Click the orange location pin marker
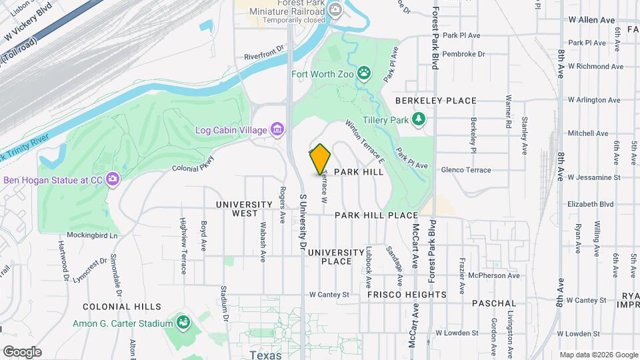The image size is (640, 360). (x=321, y=159)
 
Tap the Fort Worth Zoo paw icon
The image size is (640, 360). (x=364, y=73)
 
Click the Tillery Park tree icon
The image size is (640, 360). (x=419, y=119)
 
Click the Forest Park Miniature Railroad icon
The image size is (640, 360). (x=335, y=9)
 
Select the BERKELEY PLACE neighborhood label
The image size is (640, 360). (x=436, y=101)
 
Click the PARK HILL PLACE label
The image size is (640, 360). (x=376, y=215)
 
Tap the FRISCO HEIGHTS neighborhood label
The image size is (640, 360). (x=407, y=294)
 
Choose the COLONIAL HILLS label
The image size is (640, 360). (x=122, y=307)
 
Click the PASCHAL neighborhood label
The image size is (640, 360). (x=494, y=303)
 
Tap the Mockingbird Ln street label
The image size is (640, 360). (x=92, y=235)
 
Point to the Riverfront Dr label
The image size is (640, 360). (x=264, y=57)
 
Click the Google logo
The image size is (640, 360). (x=22, y=351)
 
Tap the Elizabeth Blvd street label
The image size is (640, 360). (x=589, y=205)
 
